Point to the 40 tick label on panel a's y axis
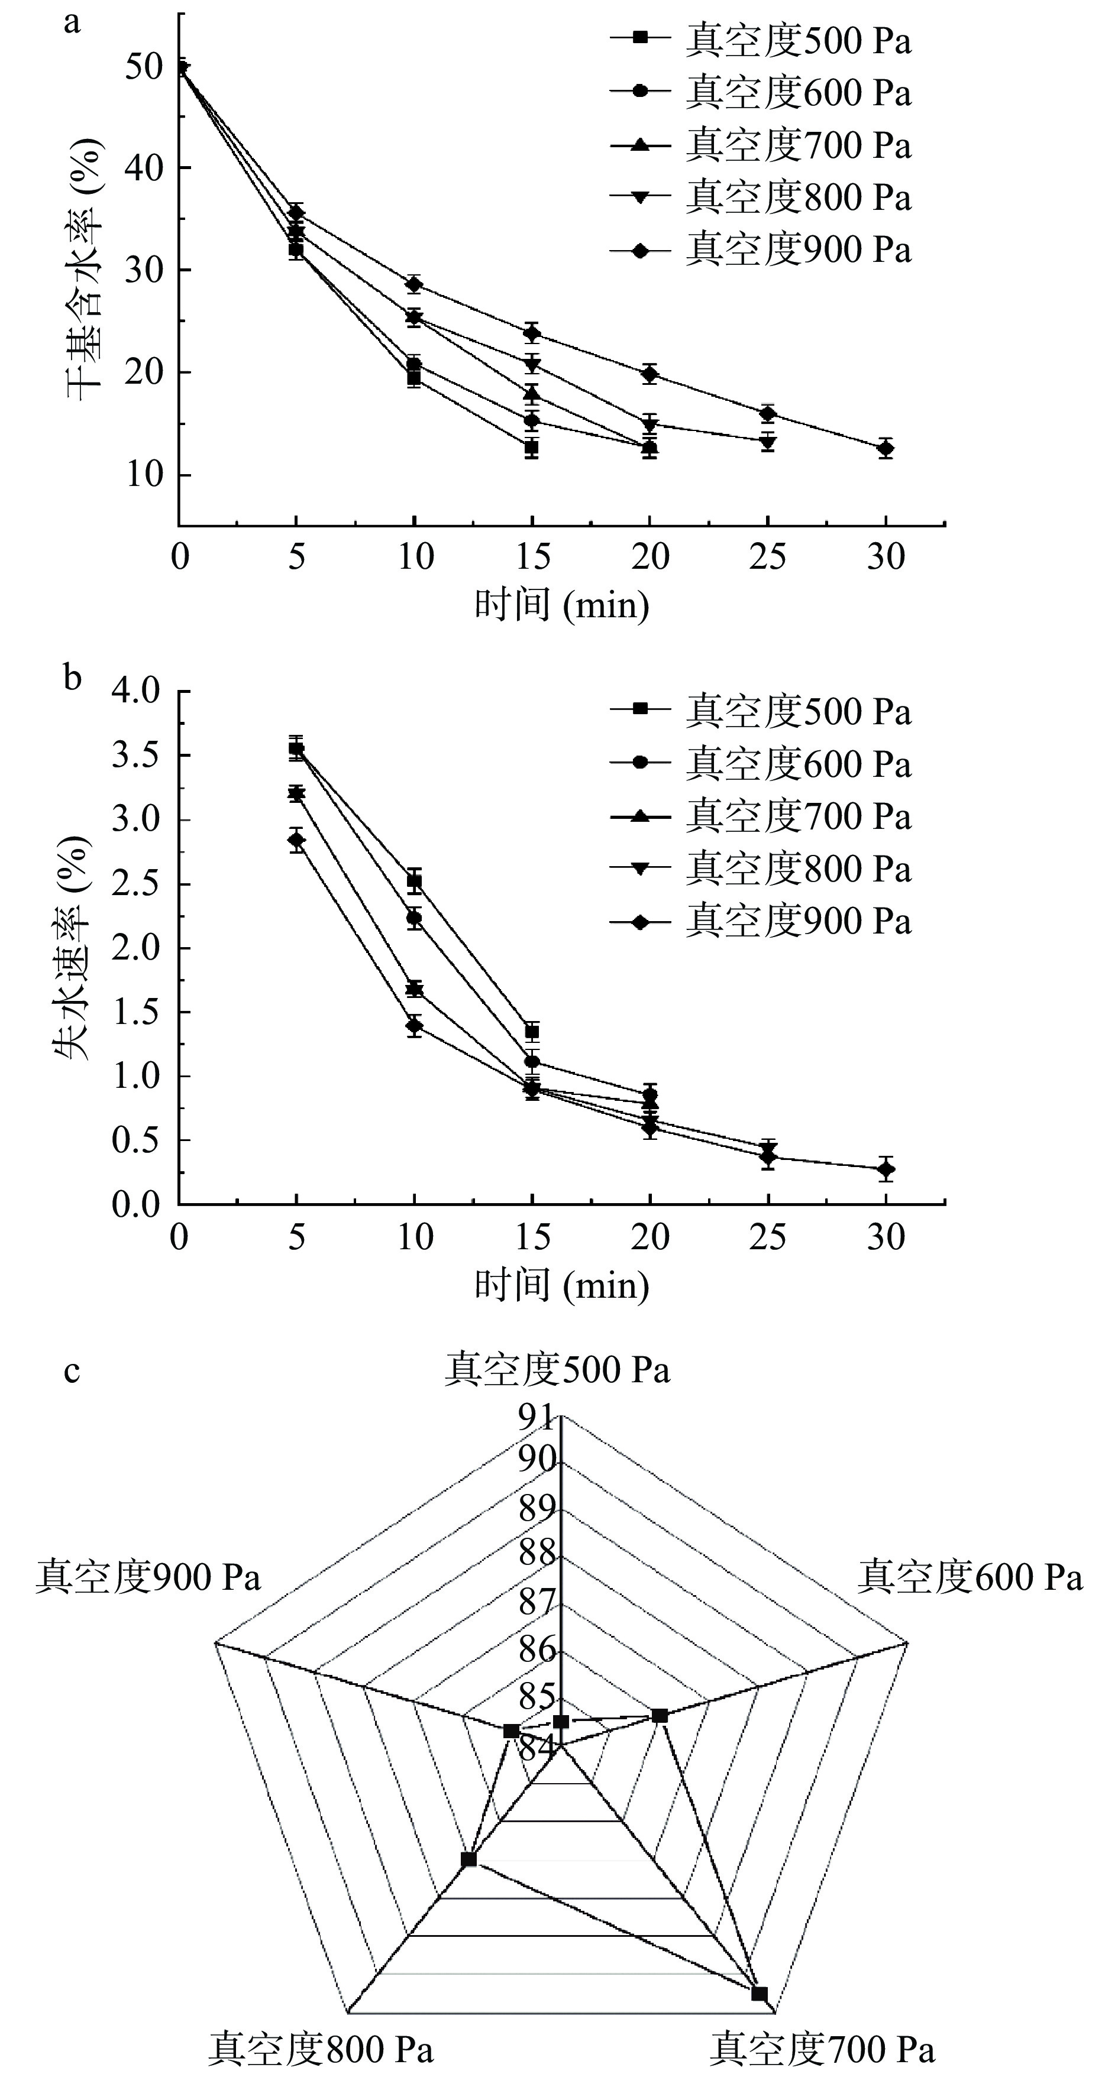coord(145,167)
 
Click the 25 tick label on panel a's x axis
coord(768,557)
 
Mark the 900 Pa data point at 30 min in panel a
coord(885,449)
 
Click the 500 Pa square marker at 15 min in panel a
coord(532,448)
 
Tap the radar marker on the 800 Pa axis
coord(468,1859)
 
